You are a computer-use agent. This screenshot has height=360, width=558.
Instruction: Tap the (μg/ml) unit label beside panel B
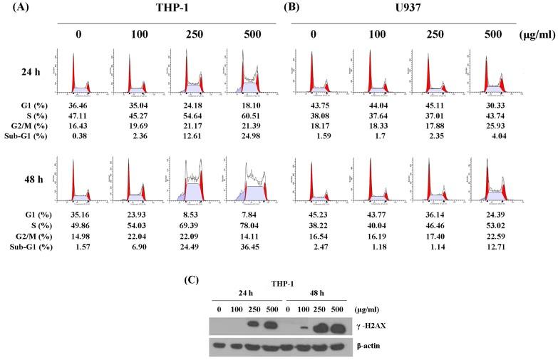528,34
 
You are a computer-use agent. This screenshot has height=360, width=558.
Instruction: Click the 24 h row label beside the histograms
28,71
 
